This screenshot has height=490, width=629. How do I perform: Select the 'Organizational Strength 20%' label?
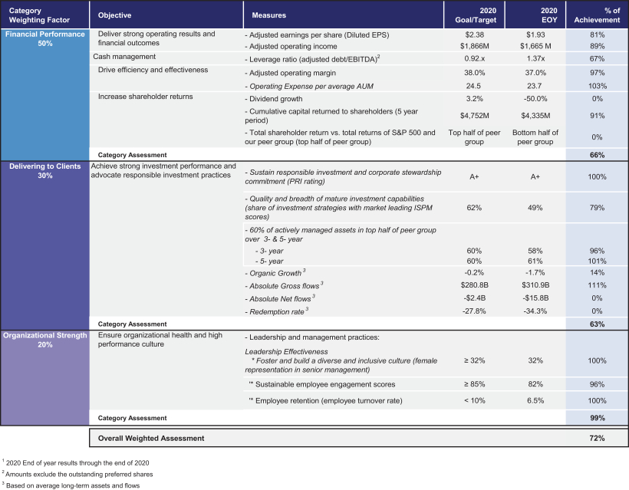click(44, 340)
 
